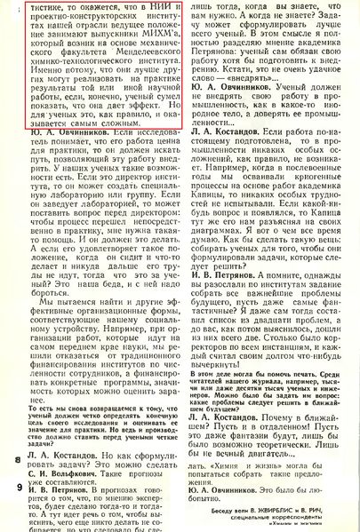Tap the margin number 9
pos(18,488)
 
